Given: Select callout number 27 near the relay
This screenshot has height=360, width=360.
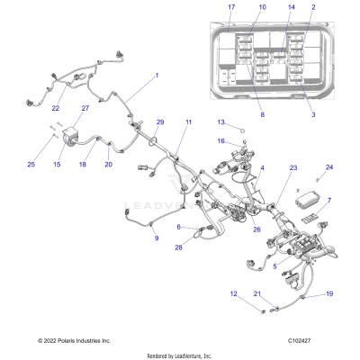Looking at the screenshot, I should coord(85,109).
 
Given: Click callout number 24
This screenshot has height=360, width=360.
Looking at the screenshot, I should coord(328,167).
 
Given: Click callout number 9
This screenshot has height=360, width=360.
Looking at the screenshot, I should coord(156,238).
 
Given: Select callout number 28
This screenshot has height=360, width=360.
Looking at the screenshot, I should coord(178,247).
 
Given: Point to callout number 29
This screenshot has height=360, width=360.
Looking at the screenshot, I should coord(161,122).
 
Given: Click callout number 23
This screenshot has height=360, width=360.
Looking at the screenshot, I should coord(292,168).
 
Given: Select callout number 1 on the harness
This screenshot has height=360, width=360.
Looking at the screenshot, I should coord(157,76).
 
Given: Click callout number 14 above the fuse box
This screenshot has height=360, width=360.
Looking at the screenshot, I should coord(265,7).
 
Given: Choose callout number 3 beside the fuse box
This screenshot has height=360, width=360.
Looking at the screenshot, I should coord(312,115).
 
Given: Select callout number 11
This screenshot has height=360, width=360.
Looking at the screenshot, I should coord(188,121).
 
